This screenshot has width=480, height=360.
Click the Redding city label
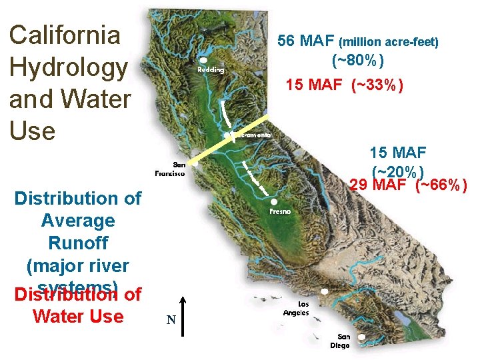tap(211, 70)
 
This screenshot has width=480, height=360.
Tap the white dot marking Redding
tap(203, 60)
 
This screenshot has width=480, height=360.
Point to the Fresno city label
tap(281, 211)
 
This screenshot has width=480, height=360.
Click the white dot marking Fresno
tap(275, 201)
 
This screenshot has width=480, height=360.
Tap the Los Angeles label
tap(296, 309)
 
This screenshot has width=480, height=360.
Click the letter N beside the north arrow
tap(171, 321)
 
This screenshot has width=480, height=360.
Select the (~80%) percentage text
tap(357, 61)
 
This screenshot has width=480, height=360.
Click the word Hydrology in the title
tap(67, 67)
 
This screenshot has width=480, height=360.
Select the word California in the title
tap(65, 35)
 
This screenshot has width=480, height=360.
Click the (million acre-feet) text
tap(389, 43)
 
